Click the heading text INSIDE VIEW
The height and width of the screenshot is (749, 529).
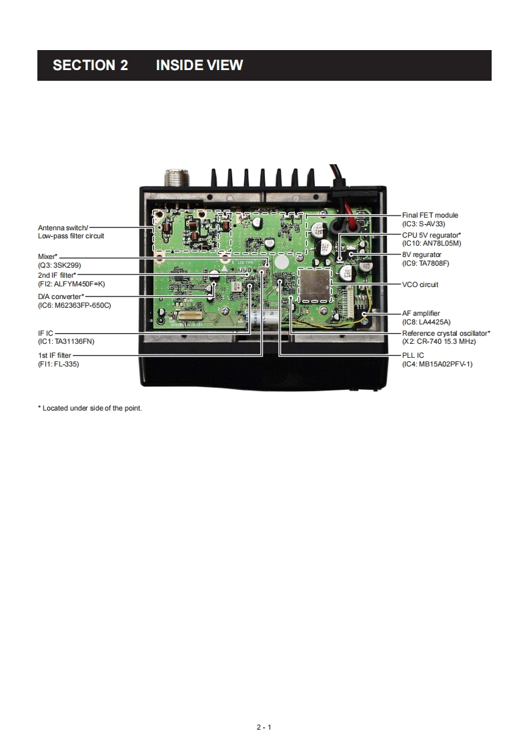coord(199,65)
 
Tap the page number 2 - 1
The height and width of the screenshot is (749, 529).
coord(264,727)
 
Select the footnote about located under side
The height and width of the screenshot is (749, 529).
coord(90,408)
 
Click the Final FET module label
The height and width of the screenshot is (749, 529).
coord(430,216)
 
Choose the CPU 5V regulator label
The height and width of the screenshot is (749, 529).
coord(431,235)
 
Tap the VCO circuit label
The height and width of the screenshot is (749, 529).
coord(420,284)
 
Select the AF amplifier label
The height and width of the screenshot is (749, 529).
coord(421,313)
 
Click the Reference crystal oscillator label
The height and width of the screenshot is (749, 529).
coord(446,332)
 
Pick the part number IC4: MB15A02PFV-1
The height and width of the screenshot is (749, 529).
coord(436,364)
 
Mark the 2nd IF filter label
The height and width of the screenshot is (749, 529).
coord(57,275)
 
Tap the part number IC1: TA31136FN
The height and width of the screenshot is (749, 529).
coord(66,340)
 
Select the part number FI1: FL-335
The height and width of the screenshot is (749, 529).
coord(58,364)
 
